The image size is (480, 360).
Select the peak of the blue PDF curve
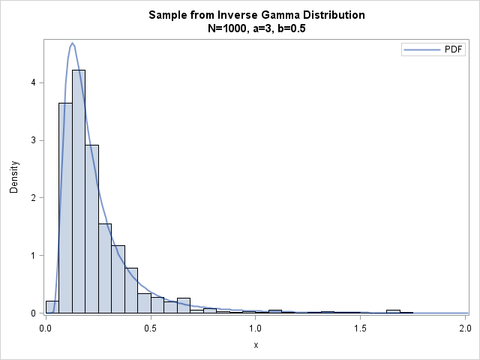coord(73,43)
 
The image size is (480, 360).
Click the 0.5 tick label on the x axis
coord(151,328)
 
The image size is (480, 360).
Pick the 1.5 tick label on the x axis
coord(360,328)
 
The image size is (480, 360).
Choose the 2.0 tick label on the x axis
coord(464,328)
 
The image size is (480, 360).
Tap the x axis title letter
coord(255,346)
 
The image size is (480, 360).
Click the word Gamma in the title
coord(271,16)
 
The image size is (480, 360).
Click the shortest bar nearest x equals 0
coord(52,307)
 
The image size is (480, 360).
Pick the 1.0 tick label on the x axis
coord(255,328)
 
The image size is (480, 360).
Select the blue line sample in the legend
coord(417,50)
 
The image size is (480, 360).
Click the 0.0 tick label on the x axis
coord(46,328)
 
